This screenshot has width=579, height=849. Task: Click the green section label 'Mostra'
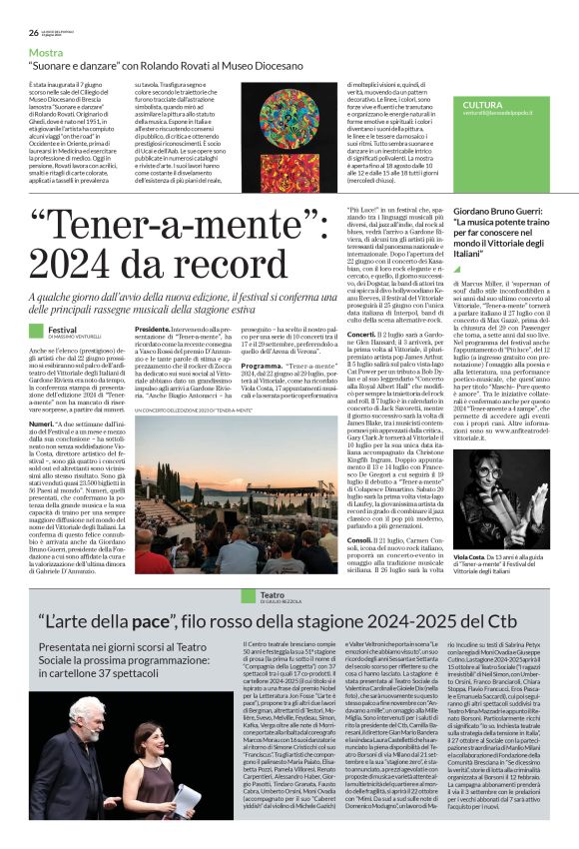pyautogui.click(x=46, y=51)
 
